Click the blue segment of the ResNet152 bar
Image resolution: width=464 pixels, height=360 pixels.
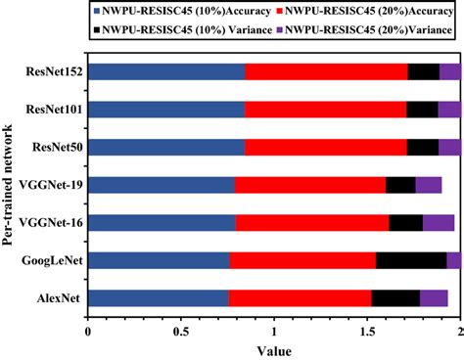166,71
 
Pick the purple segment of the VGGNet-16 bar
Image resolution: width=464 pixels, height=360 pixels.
438,223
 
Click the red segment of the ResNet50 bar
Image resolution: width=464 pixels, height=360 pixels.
325,147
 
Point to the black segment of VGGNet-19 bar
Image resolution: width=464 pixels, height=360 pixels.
400,185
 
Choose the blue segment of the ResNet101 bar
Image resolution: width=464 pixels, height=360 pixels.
166,110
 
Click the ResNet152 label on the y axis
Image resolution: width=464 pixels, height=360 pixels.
55,71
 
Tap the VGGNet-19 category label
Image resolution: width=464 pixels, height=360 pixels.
54,185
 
